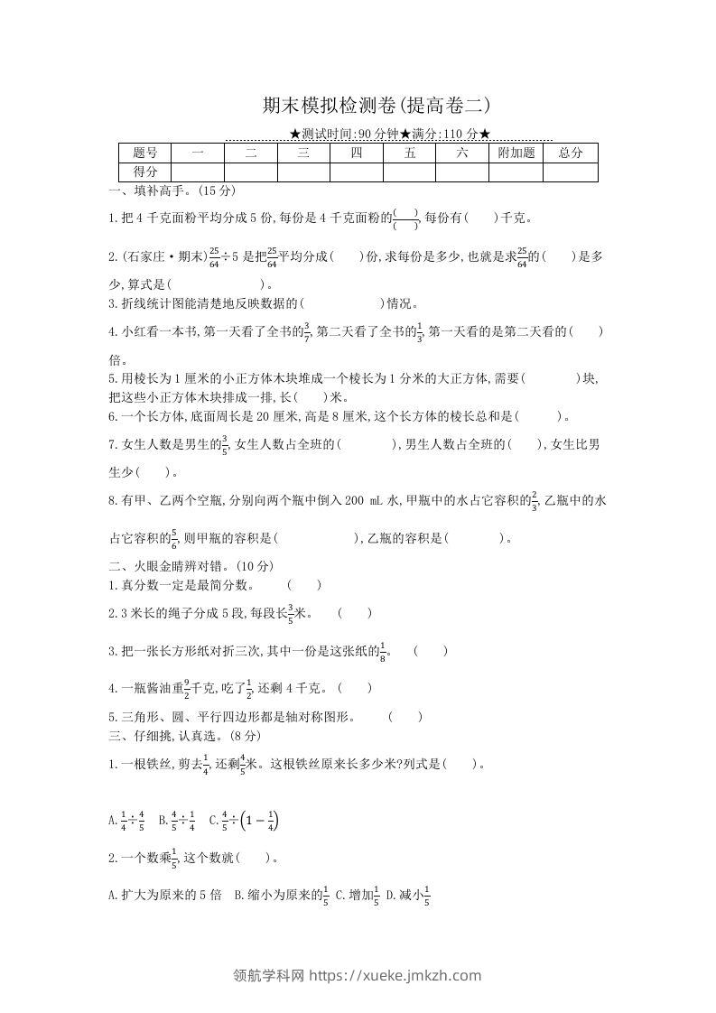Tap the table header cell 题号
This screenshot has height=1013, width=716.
(x=144, y=153)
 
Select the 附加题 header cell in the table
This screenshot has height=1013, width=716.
(x=516, y=153)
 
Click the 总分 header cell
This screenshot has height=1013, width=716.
(x=571, y=153)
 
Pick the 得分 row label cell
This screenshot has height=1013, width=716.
(x=144, y=172)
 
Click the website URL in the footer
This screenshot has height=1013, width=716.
(x=395, y=975)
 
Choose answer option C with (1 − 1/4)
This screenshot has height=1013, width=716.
(x=244, y=821)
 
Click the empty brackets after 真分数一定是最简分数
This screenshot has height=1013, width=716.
(x=304, y=585)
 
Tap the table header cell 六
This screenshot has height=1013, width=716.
(x=462, y=153)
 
